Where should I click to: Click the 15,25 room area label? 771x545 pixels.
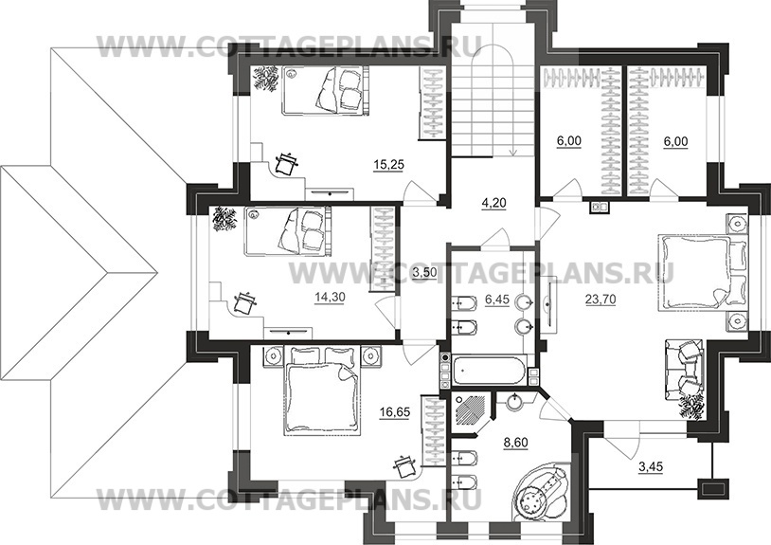click(388, 165)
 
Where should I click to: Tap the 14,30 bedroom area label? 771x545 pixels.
click(330, 297)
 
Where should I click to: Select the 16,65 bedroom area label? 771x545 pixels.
click(394, 412)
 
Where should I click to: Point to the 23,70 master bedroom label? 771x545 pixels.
click(601, 299)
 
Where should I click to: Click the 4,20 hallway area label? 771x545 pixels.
click(493, 203)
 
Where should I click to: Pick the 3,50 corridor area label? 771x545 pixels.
click(424, 272)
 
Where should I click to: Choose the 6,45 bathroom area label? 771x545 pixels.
click(497, 300)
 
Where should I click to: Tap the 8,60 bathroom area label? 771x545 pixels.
click(515, 443)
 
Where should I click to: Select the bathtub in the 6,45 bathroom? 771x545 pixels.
click(490, 370)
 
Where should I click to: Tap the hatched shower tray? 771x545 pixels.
click(472, 408)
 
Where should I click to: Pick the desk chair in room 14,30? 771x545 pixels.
click(244, 302)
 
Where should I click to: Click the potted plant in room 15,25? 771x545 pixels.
click(265, 79)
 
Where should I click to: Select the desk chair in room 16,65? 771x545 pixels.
click(405, 464)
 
